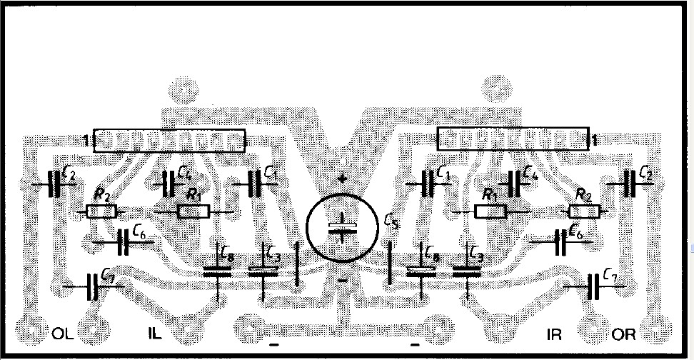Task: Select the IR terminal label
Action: pyautogui.click(x=554, y=334)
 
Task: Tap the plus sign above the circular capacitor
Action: pyautogui.click(x=342, y=179)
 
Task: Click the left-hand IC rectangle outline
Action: pyautogui.click(x=170, y=140)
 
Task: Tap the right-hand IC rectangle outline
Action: pyautogui.click(x=513, y=140)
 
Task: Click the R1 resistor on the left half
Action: pyautogui.click(x=193, y=211)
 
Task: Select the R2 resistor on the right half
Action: pyautogui.click(x=584, y=211)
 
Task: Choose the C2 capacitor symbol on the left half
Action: pyautogui.click(x=54, y=184)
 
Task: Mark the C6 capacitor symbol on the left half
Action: pyautogui.click(x=122, y=243)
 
